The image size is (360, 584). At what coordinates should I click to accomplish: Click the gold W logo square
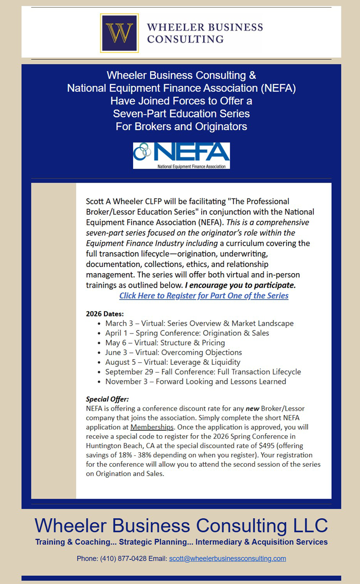pyautogui.click(x=119, y=33)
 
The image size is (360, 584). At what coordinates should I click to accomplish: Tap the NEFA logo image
pyautogui.click(x=181, y=155)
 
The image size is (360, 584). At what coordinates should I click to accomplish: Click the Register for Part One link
pyautogui.click(x=204, y=295)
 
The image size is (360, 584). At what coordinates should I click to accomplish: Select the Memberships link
pyautogui.click(x=152, y=427)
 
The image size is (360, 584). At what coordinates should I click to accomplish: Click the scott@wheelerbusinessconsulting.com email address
pyautogui.click(x=227, y=558)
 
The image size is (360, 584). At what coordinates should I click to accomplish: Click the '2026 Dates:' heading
pyautogui.click(x=104, y=313)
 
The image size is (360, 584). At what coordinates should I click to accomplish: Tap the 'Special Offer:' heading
pyautogui.click(x=107, y=399)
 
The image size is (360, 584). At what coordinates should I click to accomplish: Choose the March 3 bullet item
pyautogui.click(x=199, y=323)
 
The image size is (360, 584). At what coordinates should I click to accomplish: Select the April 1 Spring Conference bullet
pyautogui.click(x=187, y=333)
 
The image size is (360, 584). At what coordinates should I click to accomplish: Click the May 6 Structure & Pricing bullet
pyautogui.click(x=165, y=343)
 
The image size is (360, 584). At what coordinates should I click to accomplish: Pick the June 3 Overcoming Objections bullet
pyautogui.click(x=173, y=352)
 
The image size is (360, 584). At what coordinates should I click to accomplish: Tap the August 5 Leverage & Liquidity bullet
pyautogui.click(x=172, y=362)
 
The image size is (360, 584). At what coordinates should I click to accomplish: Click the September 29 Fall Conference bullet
pyautogui.click(x=203, y=371)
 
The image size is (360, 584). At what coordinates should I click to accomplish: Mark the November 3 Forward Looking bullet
pyautogui.click(x=195, y=381)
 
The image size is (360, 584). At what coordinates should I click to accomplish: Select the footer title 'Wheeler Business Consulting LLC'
pyautogui.click(x=181, y=525)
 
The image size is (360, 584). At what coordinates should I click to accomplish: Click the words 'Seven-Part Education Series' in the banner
pyautogui.click(x=181, y=113)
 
